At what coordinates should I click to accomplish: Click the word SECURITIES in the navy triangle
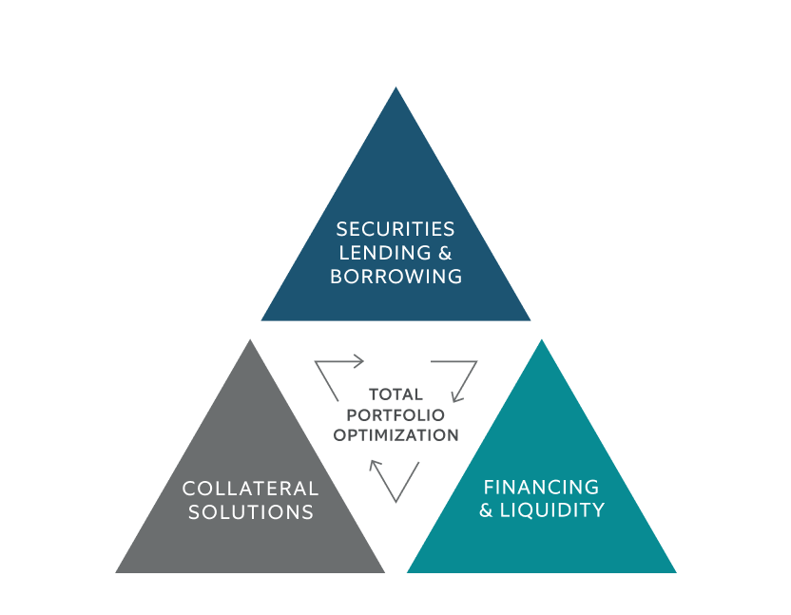[x=395, y=229]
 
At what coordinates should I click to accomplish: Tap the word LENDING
[x=385, y=253]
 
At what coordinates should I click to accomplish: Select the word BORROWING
[x=396, y=277]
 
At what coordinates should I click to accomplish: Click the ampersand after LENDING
[x=445, y=253]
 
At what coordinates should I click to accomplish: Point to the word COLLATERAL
[x=250, y=489]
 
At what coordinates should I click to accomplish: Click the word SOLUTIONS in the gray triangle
[x=251, y=512]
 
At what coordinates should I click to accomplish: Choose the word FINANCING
[x=541, y=488]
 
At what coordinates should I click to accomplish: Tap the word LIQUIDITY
[x=551, y=510]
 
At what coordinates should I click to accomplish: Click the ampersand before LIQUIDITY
[x=486, y=510]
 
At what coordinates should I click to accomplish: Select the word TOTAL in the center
[x=396, y=394]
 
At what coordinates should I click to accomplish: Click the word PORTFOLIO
[x=395, y=414]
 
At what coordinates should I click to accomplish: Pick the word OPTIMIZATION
[x=396, y=435]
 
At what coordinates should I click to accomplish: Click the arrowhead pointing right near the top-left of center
[x=358, y=361]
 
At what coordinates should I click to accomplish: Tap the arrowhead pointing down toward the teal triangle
[x=457, y=396]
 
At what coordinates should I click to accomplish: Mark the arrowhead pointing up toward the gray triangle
[x=375, y=465]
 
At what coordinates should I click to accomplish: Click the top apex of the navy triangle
[x=396, y=87]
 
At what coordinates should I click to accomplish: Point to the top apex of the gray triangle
[x=250, y=339]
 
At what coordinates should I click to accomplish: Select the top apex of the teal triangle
[x=542, y=339]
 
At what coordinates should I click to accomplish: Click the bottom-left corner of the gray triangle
[x=116, y=572]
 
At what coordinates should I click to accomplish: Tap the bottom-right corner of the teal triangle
[x=677, y=572]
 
